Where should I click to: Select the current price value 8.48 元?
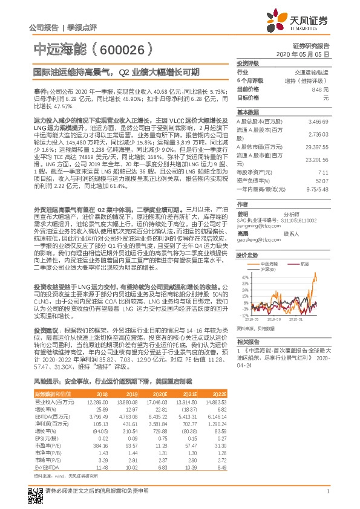point(320,89)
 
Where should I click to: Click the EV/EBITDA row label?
point(44,467)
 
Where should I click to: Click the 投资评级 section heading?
point(248,63)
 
